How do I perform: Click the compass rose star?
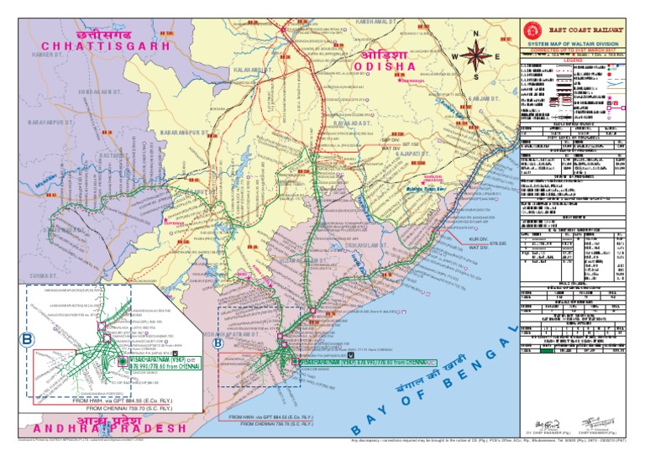click(476, 56)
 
